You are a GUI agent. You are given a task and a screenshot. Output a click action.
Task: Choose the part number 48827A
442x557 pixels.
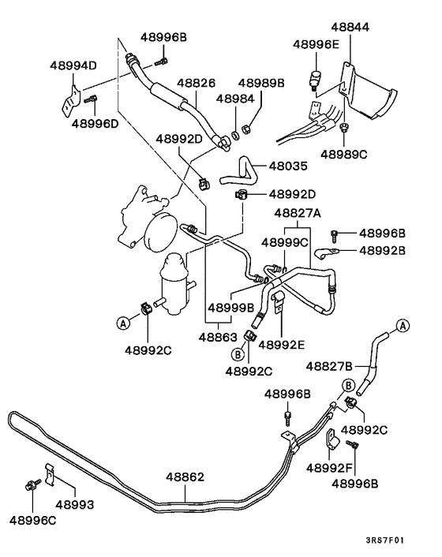[x=298, y=213]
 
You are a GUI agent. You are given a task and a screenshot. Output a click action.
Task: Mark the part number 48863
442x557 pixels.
[x=218, y=336]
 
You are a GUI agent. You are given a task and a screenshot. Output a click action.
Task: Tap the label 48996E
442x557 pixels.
[x=315, y=45]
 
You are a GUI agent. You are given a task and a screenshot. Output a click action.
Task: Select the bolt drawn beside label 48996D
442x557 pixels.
[x=92, y=100]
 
